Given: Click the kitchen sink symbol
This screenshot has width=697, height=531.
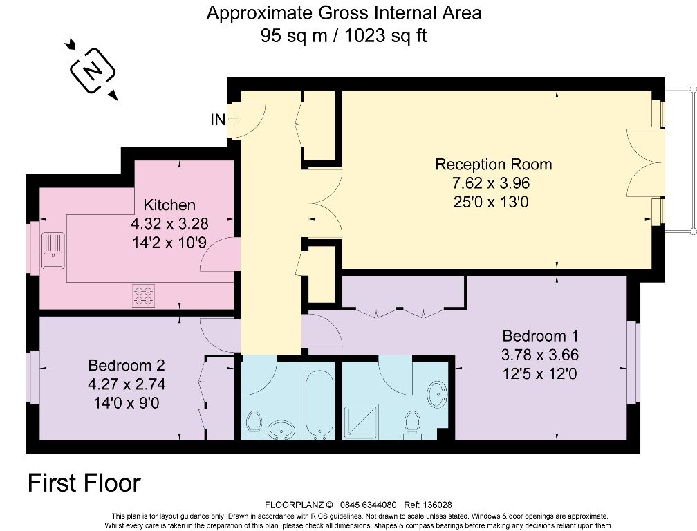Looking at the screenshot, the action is point(53,250).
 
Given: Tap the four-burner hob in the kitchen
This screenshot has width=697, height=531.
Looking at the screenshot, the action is point(144,295).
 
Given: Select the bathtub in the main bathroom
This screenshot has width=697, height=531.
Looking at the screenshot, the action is point(319,401).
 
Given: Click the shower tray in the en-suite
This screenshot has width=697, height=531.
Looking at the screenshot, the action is point(363,420).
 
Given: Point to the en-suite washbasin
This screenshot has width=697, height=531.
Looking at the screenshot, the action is point(438,393).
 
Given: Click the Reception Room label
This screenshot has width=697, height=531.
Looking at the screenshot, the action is point(494,165).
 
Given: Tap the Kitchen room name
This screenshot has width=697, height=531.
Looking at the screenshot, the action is point(169,205).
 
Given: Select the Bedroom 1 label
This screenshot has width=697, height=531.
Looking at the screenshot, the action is point(541,335).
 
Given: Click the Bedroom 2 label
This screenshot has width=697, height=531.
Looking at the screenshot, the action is point(127,365).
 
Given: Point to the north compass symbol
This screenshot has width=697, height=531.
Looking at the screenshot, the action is point(93,71).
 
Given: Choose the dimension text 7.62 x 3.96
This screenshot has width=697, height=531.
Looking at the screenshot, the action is point(491,183).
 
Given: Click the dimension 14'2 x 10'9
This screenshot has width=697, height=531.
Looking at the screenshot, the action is point(169,243).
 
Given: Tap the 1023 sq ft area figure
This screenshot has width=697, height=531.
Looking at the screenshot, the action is point(386,35).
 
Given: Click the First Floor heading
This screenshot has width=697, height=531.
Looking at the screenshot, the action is point(84,483).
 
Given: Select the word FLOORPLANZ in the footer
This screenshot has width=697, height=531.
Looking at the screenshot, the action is point(295,505).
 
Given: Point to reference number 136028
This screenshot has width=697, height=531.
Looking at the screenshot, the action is point(438,505).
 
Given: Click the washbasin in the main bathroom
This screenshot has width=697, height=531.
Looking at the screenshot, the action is point(281,429).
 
